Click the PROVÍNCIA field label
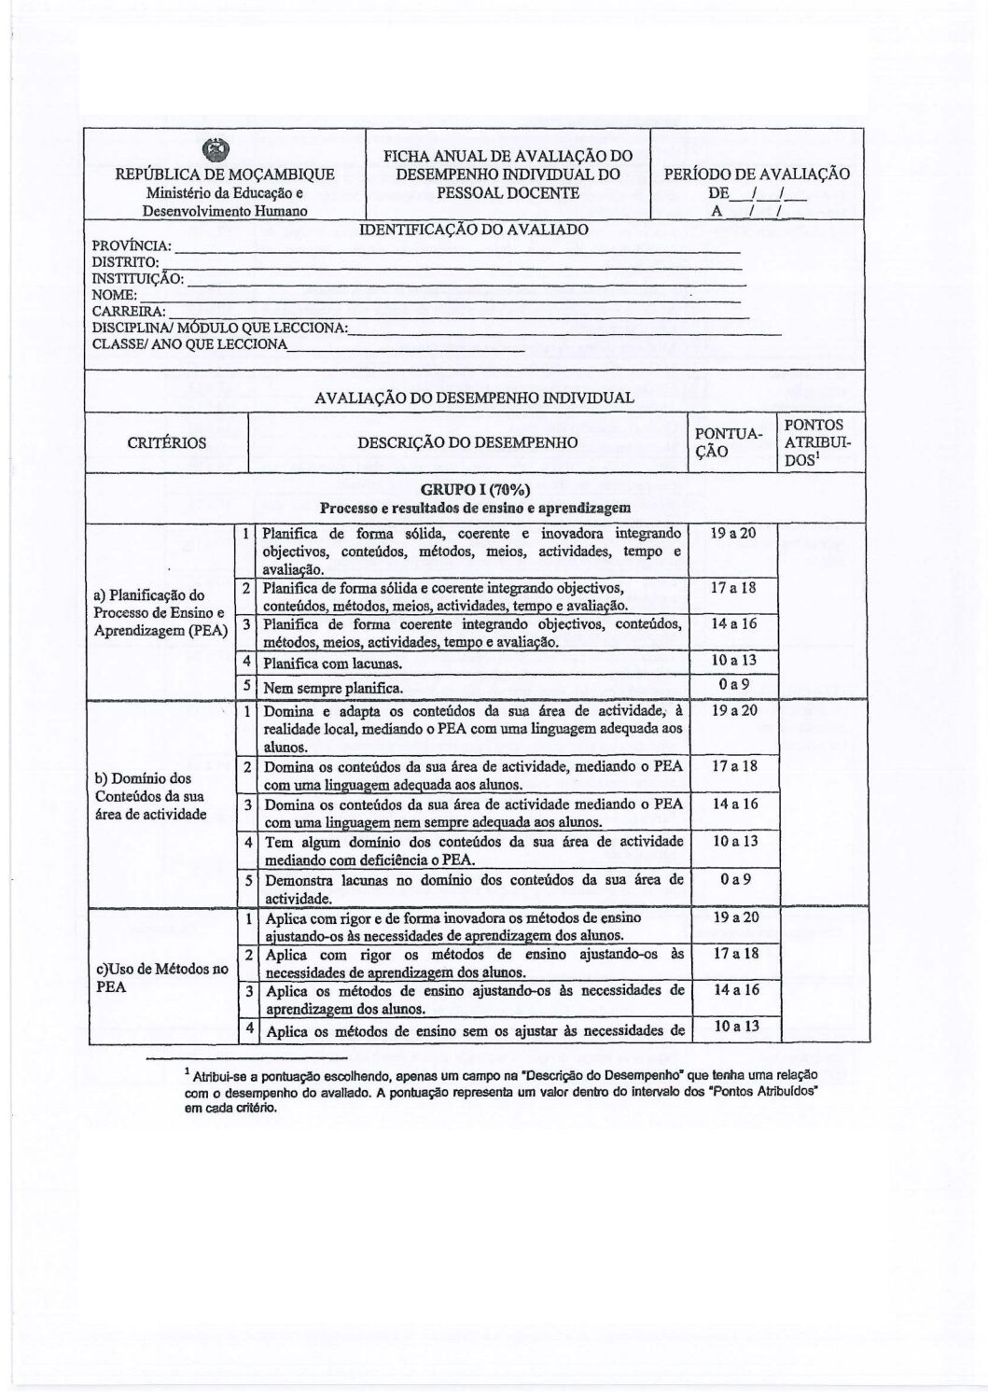132,245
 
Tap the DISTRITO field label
127,262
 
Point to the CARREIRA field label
129,311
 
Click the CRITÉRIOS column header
167,442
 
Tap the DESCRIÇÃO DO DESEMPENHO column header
467,442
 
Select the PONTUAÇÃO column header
731,442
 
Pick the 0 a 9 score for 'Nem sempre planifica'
733,684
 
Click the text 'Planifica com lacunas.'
333,664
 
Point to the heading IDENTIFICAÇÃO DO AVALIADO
474,230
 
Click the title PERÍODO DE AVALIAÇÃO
756,175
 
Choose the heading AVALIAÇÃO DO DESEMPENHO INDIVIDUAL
474,397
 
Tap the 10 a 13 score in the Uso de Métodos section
733,1027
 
